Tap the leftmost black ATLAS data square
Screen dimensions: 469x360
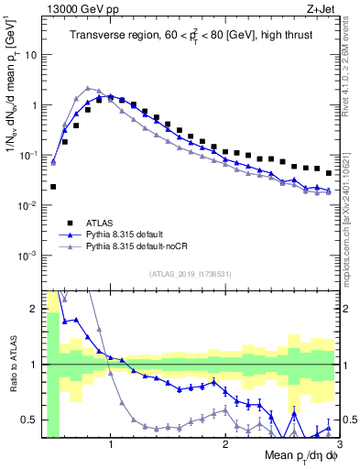53,187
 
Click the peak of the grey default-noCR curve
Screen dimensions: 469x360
87,89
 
